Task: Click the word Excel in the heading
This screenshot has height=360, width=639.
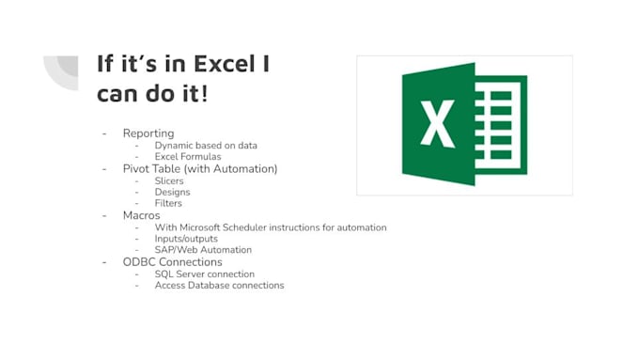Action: [x=231, y=64]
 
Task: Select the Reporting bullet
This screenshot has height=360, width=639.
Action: [x=148, y=133]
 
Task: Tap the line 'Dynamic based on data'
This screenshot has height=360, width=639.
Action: [x=206, y=146]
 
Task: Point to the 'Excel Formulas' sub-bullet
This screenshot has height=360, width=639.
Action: [x=188, y=157]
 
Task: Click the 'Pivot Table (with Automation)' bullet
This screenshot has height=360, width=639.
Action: [x=200, y=168]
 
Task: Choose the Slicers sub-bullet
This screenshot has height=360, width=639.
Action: [x=169, y=180]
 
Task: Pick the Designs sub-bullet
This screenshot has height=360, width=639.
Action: [x=172, y=192]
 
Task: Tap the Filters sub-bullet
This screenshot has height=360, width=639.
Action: [x=168, y=203]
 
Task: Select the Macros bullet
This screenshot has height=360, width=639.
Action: [x=141, y=215]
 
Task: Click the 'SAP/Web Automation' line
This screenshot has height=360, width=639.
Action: [x=203, y=250]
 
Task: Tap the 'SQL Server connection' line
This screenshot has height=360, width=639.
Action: [x=205, y=274]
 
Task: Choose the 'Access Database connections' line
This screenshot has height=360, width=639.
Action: [x=219, y=285]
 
